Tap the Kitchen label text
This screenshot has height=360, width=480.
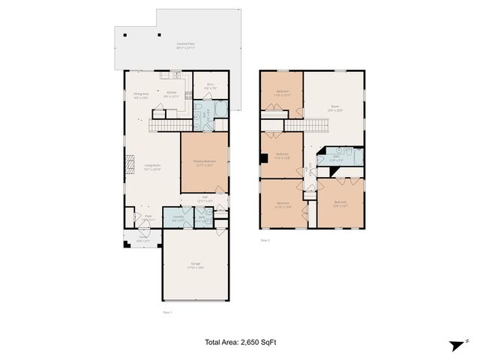(x=171, y=92)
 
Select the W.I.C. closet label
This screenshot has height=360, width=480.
(x=211, y=85)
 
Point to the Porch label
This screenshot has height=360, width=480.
(x=142, y=240)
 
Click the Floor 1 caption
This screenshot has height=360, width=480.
(x=167, y=312)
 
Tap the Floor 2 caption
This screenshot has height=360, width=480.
(x=265, y=241)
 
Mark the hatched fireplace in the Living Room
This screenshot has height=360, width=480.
(x=130, y=163)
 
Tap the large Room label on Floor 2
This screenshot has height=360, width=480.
(x=336, y=108)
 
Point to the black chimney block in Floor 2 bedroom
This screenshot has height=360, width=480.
(x=263, y=158)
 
